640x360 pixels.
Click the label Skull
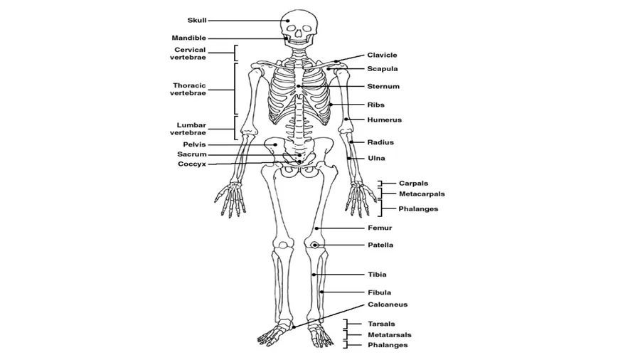(x=197, y=21)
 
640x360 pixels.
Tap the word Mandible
(x=188, y=38)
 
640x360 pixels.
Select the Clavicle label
(x=382, y=55)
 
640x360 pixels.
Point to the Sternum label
(x=383, y=87)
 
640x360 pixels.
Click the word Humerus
(x=384, y=120)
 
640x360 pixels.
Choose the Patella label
(x=380, y=245)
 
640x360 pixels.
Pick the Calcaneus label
(x=387, y=305)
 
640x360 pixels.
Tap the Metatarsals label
(x=389, y=334)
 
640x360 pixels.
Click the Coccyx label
(x=192, y=164)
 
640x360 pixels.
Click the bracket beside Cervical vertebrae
(x=235, y=53)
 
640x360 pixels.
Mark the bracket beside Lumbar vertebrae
(x=235, y=129)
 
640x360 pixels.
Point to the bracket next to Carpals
(x=381, y=184)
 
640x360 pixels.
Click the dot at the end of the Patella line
(x=314, y=245)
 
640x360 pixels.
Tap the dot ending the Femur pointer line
(x=316, y=228)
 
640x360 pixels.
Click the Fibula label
(x=379, y=292)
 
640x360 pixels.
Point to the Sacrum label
(x=192, y=154)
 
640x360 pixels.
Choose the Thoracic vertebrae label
(x=189, y=89)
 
